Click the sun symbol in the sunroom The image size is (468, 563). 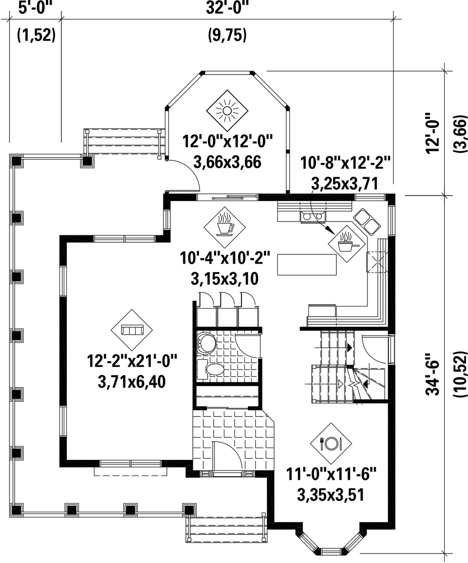click(x=227, y=111)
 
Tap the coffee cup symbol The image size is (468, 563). click(x=224, y=227)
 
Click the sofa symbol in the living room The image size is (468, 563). click(x=132, y=330)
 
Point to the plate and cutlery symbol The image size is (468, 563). click(x=331, y=443)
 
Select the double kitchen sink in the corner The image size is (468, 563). click(x=367, y=221)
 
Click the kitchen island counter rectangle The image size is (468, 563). click(x=307, y=264)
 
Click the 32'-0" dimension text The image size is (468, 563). click(x=227, y=7)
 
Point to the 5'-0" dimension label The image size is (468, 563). click(x=35, y=7)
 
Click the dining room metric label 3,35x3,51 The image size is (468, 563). click(x=331, y=495)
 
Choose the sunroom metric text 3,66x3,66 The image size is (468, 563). click(x=227, y=162)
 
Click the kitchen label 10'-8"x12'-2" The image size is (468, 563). click(x=345, y=163)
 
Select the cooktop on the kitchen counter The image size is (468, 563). click(x=313, y=216)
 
